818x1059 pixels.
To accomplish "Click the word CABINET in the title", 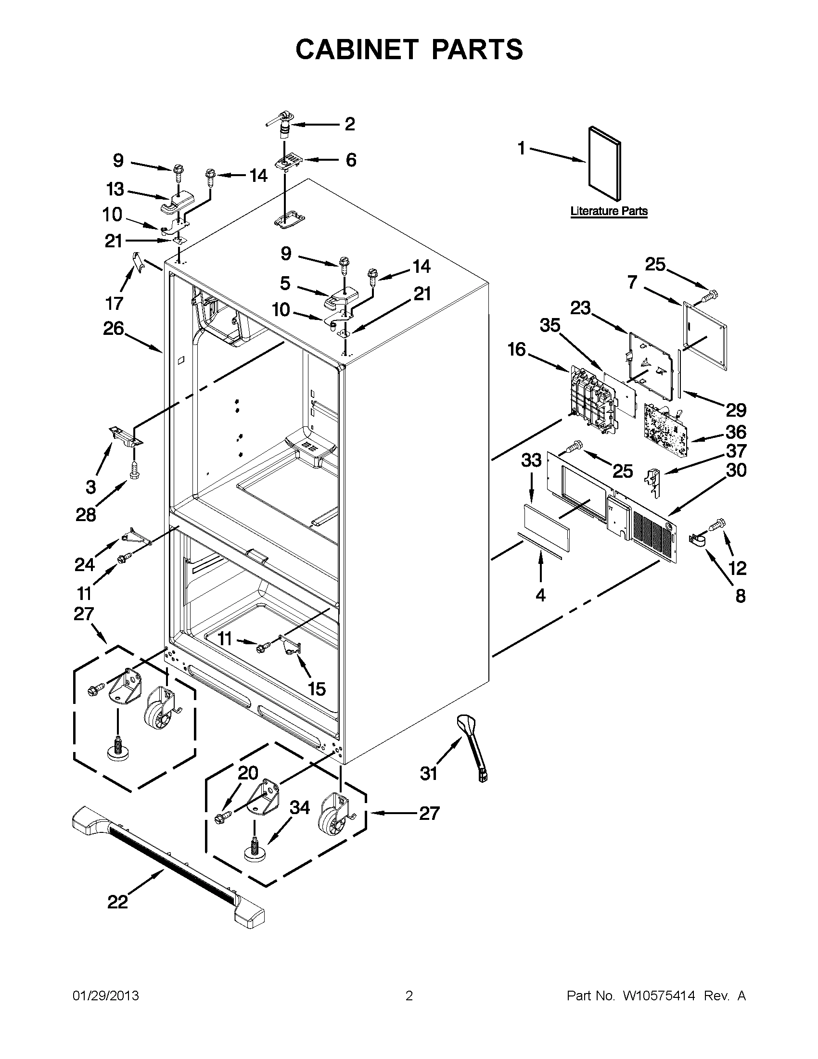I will (x=357, y=50).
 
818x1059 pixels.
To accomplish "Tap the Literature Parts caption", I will (x=609, y=211).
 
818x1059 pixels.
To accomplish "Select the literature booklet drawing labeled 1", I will (x=604, y=164).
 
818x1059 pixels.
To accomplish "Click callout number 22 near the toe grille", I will (x=117, y=902).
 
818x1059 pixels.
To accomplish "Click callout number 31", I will (x=429, y=773).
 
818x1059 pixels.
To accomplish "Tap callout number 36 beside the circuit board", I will (x=736, y=432).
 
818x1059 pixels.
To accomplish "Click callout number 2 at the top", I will (x=350, y=124).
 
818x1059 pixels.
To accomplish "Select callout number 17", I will (x=115, y=304).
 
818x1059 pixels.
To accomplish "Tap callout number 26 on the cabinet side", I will (x=114, y=329).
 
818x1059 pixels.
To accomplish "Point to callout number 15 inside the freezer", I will (x=317, y=689).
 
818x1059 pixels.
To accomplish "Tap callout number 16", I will (x=517, y=349).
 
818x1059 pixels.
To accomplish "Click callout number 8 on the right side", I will (x=741, y=596).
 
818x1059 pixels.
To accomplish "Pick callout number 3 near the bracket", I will (x=91, y=486).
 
